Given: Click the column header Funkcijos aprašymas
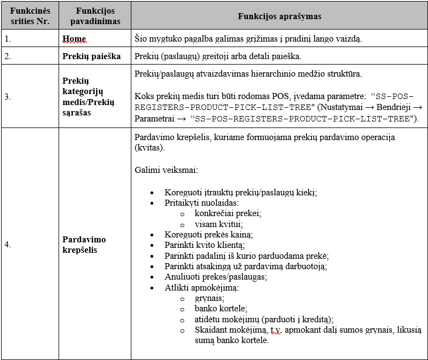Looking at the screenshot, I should (279, 16).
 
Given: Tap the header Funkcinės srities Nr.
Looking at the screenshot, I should (30, 16).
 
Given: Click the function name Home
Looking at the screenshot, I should (74, 39).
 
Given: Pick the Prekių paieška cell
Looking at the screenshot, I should (91, 56).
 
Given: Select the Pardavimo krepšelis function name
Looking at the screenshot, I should (84, 245).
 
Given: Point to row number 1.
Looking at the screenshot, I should (7, 39).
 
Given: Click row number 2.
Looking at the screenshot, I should (7, 56).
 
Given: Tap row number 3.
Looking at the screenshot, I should (7, 96).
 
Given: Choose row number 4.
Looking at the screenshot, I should (7, 245).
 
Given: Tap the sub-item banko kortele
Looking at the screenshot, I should (221, 309).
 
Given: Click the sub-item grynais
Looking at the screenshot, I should (209, 298).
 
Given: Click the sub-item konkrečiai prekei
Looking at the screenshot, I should (228, 213).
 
